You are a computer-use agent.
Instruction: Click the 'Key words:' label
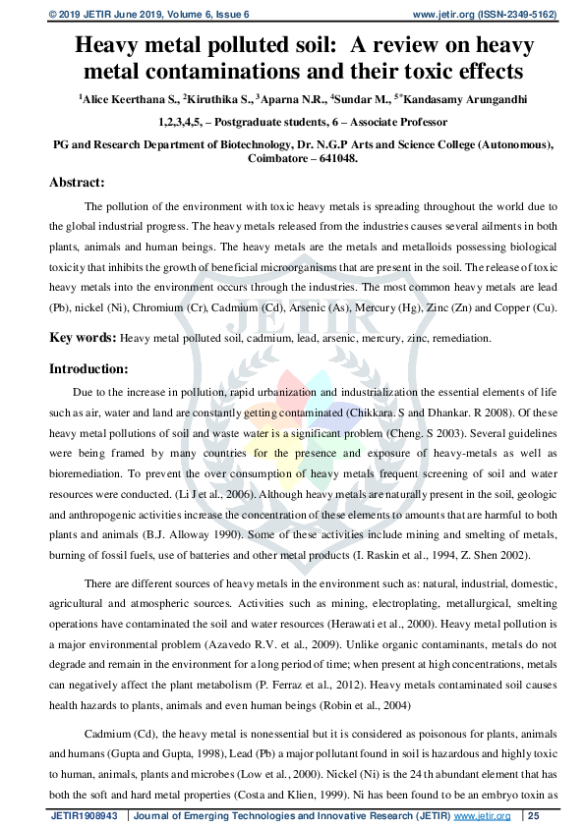[x=84, y=337]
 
